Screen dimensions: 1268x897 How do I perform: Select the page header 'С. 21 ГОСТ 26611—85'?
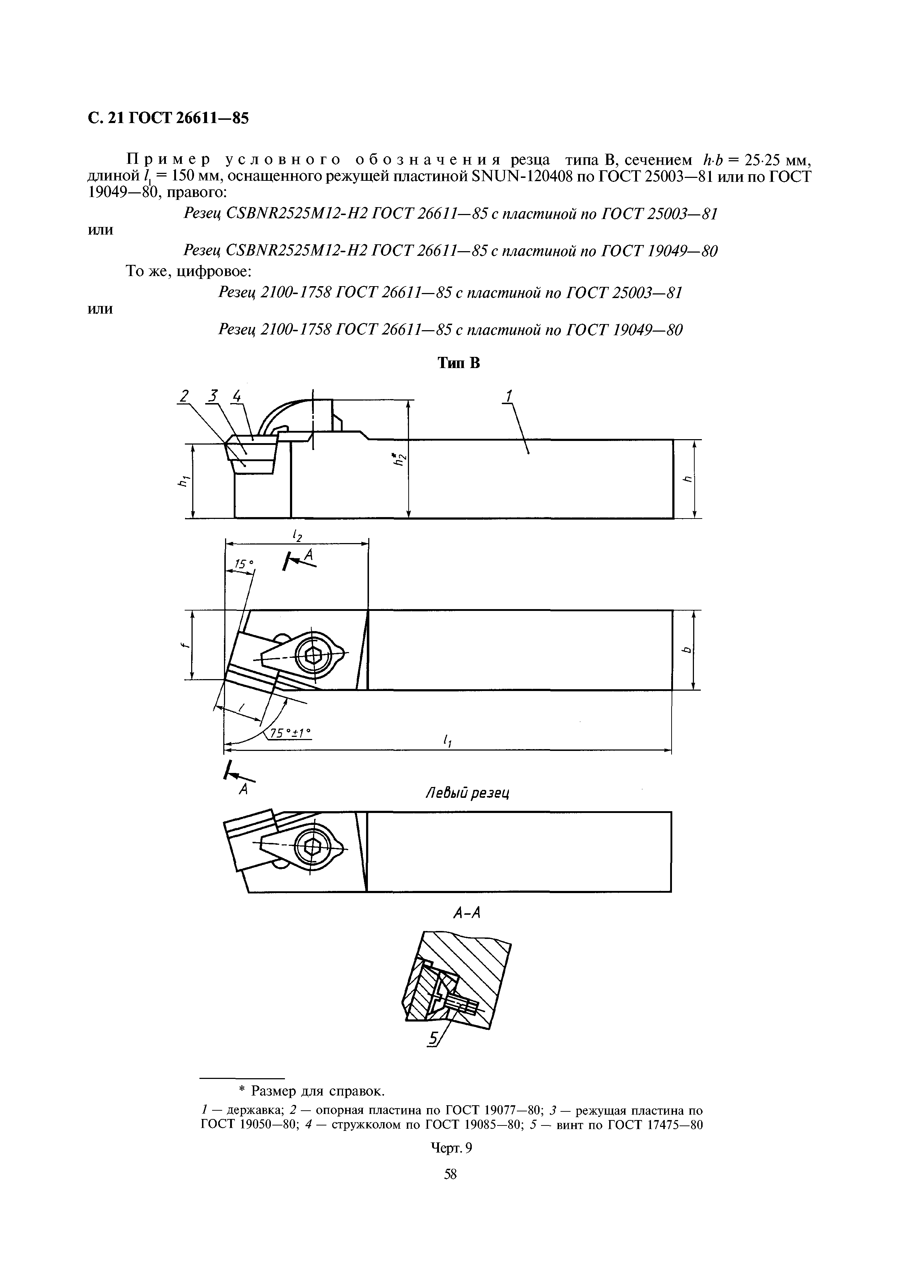pyautogui.click(x=168, y=118)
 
